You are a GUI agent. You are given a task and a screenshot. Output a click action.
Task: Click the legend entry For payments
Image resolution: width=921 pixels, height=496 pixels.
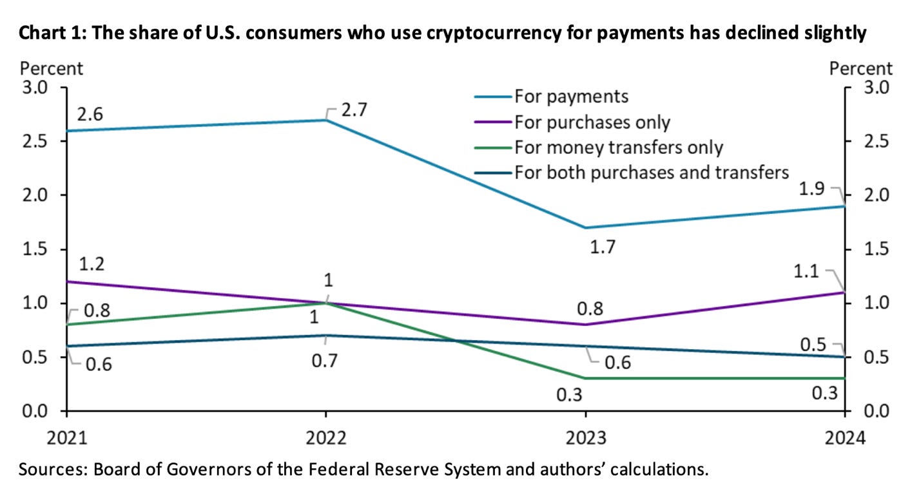(x=570, y=97)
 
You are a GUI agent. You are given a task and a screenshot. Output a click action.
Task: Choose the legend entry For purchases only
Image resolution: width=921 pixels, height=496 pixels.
(x=592, y=122)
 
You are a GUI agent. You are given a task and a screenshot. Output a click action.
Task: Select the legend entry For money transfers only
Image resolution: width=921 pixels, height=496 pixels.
(x=618, y=147)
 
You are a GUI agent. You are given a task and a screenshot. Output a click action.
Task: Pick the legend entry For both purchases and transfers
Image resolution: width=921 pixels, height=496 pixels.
(x=651, y=172)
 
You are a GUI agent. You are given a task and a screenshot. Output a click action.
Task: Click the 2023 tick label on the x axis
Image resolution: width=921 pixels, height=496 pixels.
(x=585, y=438)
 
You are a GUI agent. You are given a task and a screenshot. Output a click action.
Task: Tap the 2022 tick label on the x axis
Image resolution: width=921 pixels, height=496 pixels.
(x=325, y=438)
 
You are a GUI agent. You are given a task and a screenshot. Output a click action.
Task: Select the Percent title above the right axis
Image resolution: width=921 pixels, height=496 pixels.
(x=861, y=68)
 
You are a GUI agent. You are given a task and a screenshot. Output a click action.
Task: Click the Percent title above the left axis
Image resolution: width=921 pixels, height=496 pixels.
(x=52, y=68)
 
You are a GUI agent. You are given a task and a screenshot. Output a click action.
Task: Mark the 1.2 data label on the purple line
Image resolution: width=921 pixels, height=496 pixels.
(x=93, y=263)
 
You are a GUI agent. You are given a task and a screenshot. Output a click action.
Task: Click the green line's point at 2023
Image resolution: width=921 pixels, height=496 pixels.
(x=585, y=378)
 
